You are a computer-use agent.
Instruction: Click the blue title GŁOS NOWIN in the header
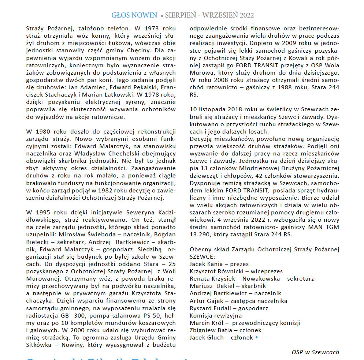pos(134,15)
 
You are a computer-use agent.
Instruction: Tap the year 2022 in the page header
pos(247,15)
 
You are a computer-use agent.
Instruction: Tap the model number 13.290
pos(199,235)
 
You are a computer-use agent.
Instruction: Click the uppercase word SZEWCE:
pos(203,256)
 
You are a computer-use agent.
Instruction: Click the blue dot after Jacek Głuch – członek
pos(256,337)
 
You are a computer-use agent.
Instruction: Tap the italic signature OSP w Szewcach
pos(315,352)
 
